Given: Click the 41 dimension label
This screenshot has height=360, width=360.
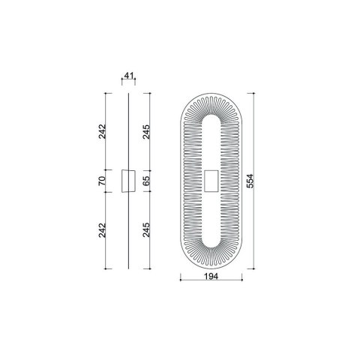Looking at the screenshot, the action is click(x=128, y=75).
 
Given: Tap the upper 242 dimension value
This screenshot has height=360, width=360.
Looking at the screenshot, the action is click(x=103, y=131).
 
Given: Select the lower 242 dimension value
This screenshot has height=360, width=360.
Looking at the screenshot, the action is click(x=103, y=230).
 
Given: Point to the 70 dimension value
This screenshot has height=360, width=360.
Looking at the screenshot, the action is click(x=103, y=181).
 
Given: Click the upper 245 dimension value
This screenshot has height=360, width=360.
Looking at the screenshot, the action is click(x=146, y=132).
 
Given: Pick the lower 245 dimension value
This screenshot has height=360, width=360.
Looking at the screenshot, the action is click(x=146, y=229).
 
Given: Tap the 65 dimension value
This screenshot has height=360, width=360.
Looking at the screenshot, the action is click(x=146, y=181).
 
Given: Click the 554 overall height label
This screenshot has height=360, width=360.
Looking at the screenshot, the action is click(x=250, y=181).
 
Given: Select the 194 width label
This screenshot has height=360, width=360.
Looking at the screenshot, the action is click(x=211, y=276).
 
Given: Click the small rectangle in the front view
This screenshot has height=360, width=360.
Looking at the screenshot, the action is click(x=211, y=181).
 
